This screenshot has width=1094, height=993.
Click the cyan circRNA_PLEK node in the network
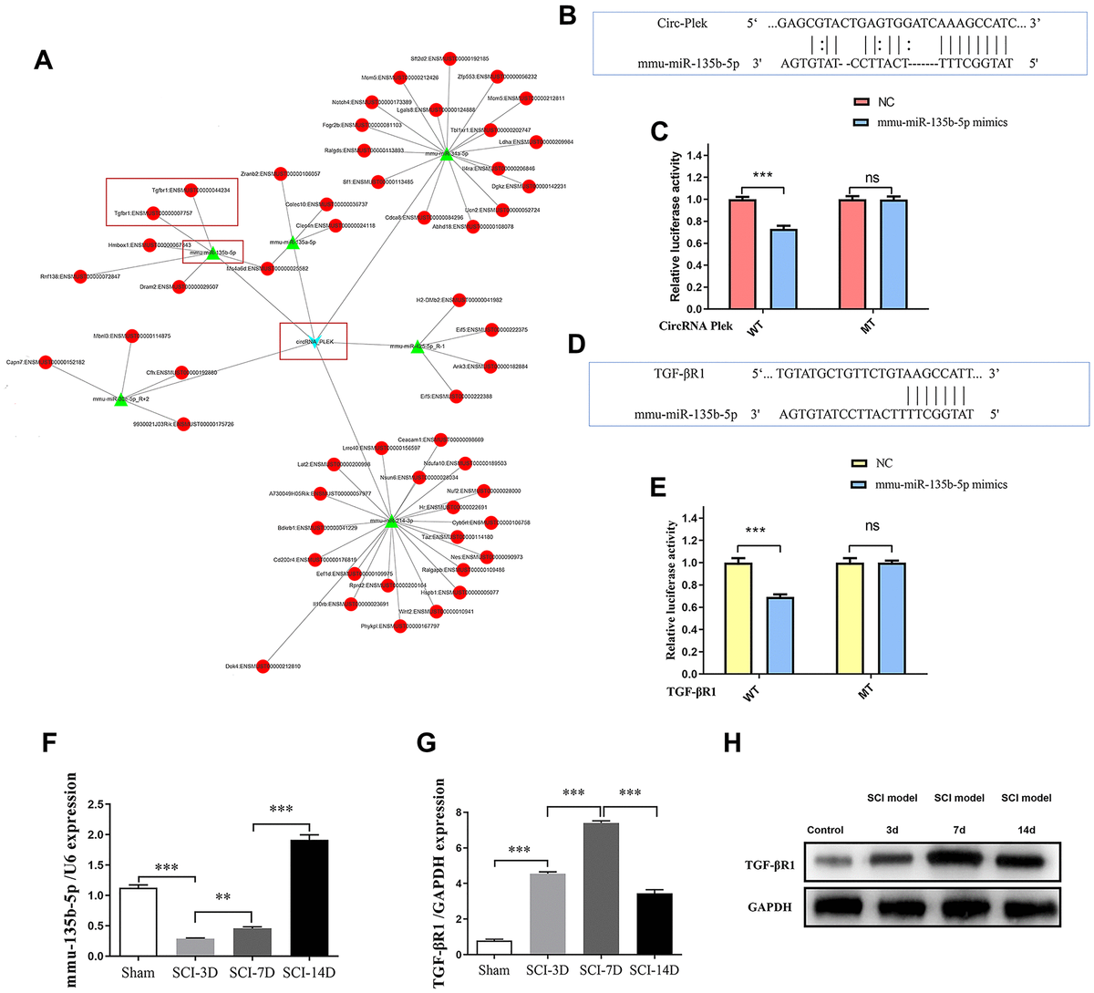tap(315, 342)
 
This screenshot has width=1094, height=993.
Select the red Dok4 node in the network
tap(263, 666)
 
